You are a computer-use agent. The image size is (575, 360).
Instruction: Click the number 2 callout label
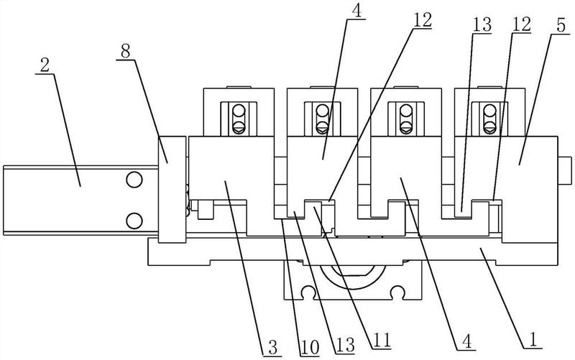pyautogui.click(x=45, y=65)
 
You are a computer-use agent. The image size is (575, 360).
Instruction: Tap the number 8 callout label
pyautogui.click(x=125, y=52)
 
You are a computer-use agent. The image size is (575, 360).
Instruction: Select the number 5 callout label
pyautogui.click(x=561, y=27)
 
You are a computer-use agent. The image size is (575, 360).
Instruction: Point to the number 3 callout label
pyautogui.click(x=272, y=348)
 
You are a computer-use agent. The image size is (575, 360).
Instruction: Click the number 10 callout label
pyautogui.click(x=310, y=348)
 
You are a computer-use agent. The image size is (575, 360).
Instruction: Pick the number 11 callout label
pyautogui.click(x=381, y=340)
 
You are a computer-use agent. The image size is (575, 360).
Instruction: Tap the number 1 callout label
pyautogui.click(x=533, y=340)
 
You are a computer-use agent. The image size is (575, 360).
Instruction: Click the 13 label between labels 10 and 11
pyautogui.click(x=345, y=345)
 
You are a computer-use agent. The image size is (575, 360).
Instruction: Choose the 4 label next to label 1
pyautogui.click(x=466, y=341)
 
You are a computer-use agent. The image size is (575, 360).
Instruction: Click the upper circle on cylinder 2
pyautogui.click(x=134, y=180)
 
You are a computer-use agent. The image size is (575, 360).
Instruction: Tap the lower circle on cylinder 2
pyautogui.click(x=134, y=221)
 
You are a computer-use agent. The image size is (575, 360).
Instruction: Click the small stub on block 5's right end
pyautogui.click(x=565, y=172)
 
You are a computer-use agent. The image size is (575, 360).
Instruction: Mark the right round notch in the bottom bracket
pyautogui.click(x=398, y=292)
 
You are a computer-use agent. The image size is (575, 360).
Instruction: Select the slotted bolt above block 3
pyautogui.click(x=239, y=119)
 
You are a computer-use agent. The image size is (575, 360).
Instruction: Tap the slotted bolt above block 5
pyautogui.click(x=489, y=119)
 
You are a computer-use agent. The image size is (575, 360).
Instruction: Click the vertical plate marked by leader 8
pyautogui.click(x=172, y=189)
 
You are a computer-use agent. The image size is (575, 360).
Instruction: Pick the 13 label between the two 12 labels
pyautogui.click(x=482, y=25)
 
